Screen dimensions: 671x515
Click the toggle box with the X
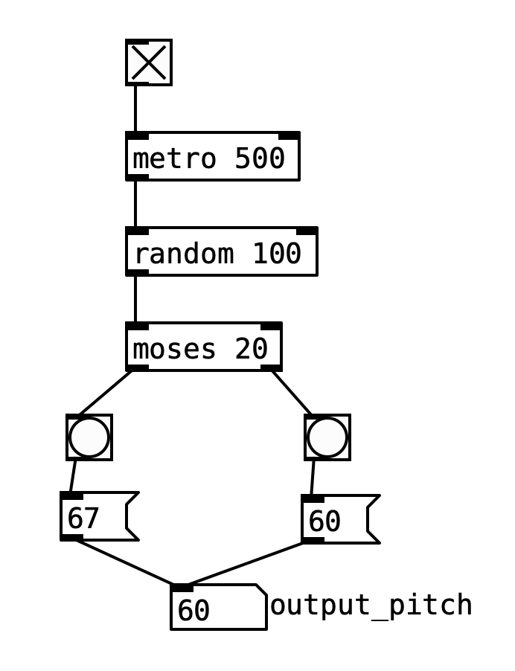(x=149, y=62)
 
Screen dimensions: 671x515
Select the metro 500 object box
(x=212, y=157)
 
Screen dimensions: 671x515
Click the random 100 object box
(x=221, y=253)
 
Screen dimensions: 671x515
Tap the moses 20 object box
(x=203, y=347)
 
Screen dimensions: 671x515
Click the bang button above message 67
(x=89, y=437)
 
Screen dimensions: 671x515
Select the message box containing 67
(x=97, y=516)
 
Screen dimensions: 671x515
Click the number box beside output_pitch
(x=217, y=609)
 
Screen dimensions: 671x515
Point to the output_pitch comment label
(x=371, y=605)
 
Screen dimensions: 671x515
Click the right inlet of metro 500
(x=289, y=136)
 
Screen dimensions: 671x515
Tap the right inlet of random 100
(x=307, y=231)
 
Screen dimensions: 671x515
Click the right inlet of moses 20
(x=271, y=327)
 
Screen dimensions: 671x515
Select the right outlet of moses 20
(x=271, y=367)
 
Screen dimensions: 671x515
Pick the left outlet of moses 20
(x=137, y=367)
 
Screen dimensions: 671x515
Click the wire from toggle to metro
(x=135, y=109)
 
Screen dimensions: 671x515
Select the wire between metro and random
(x=135, y=204)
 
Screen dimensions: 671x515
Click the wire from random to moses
(x=135, y=299)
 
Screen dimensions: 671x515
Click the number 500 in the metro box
(x=260, y=158)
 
